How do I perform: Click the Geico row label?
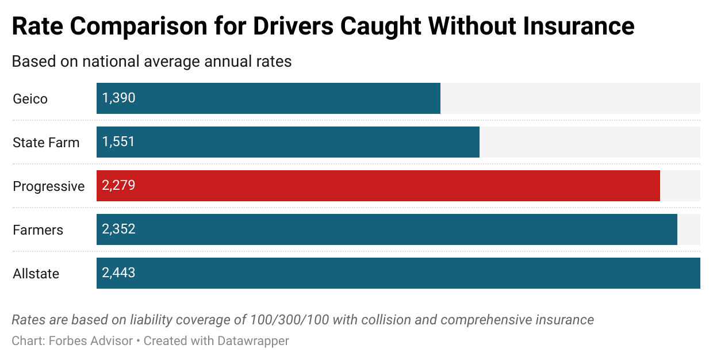[x=30, y=99]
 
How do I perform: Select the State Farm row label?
[x=46, y=143]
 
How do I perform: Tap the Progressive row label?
[x=48, y=186]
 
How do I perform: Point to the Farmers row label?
[x=38, y=230]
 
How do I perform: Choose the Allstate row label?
[x=36, y=274]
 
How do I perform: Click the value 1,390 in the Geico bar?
[x=118, y=98]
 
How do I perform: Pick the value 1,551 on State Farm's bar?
[x=118, y=142]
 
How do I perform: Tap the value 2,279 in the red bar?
[x=118, y=186]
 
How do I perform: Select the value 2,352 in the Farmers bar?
[x=118, y=229]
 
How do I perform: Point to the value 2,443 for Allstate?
[x=118, y=273]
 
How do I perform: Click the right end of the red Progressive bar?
[x=658, y=186]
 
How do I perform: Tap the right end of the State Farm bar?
[x=478, y=142]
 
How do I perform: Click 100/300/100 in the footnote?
[x=289, y=320]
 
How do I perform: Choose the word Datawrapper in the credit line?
[x=253, y=341]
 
